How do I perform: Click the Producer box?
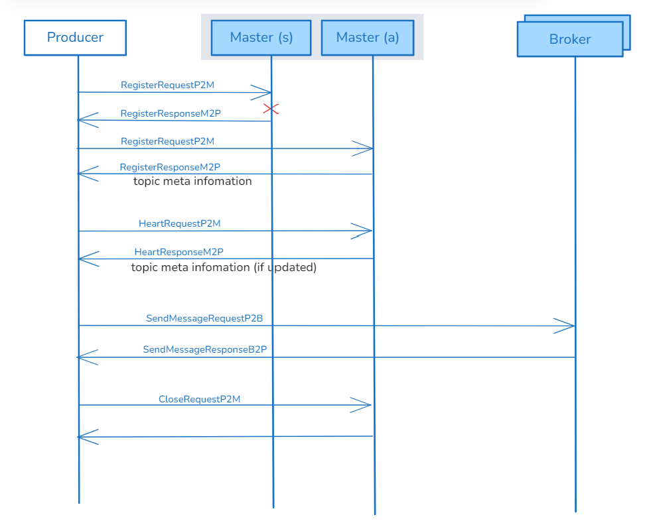[75, 38]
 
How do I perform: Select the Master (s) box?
[261, 38]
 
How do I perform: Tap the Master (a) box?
[368, 38]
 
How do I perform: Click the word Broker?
[569, 40]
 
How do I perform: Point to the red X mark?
[271, 109]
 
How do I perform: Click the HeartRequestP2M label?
[179, 224]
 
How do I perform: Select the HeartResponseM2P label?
[179, 252]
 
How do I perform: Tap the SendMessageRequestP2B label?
[204, 319]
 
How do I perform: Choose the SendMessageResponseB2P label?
[204, 349]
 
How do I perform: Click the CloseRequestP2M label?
[199, 399]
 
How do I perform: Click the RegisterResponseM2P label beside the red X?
[171, 113]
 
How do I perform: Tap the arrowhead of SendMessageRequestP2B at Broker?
[565, 325]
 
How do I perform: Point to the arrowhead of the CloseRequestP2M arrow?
[362, 405]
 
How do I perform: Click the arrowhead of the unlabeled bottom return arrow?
[86, 437]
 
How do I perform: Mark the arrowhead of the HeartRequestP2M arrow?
[363, 231]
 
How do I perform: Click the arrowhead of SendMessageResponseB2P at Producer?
[86, 357]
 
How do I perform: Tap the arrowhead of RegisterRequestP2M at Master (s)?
[262, 92]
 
